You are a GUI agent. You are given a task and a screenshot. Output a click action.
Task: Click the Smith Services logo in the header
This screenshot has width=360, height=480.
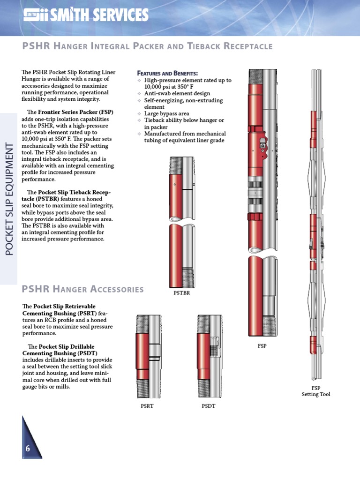point(86,16)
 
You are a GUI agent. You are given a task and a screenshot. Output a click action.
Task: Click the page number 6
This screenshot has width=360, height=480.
point(28,449)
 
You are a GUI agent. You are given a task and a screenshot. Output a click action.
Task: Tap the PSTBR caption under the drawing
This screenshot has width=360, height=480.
point(181,293)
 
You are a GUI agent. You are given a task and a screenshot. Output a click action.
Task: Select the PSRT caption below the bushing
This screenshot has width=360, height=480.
point(147,406)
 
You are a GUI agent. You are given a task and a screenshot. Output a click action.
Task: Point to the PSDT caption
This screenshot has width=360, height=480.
point(208,406)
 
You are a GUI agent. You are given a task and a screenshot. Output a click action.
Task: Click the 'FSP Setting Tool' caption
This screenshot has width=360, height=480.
point(316,391)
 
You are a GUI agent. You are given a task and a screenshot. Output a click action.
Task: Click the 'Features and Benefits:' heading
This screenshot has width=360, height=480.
point(167,74)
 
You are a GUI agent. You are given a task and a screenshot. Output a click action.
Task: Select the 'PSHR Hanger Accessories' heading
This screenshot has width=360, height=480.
point(83,289)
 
